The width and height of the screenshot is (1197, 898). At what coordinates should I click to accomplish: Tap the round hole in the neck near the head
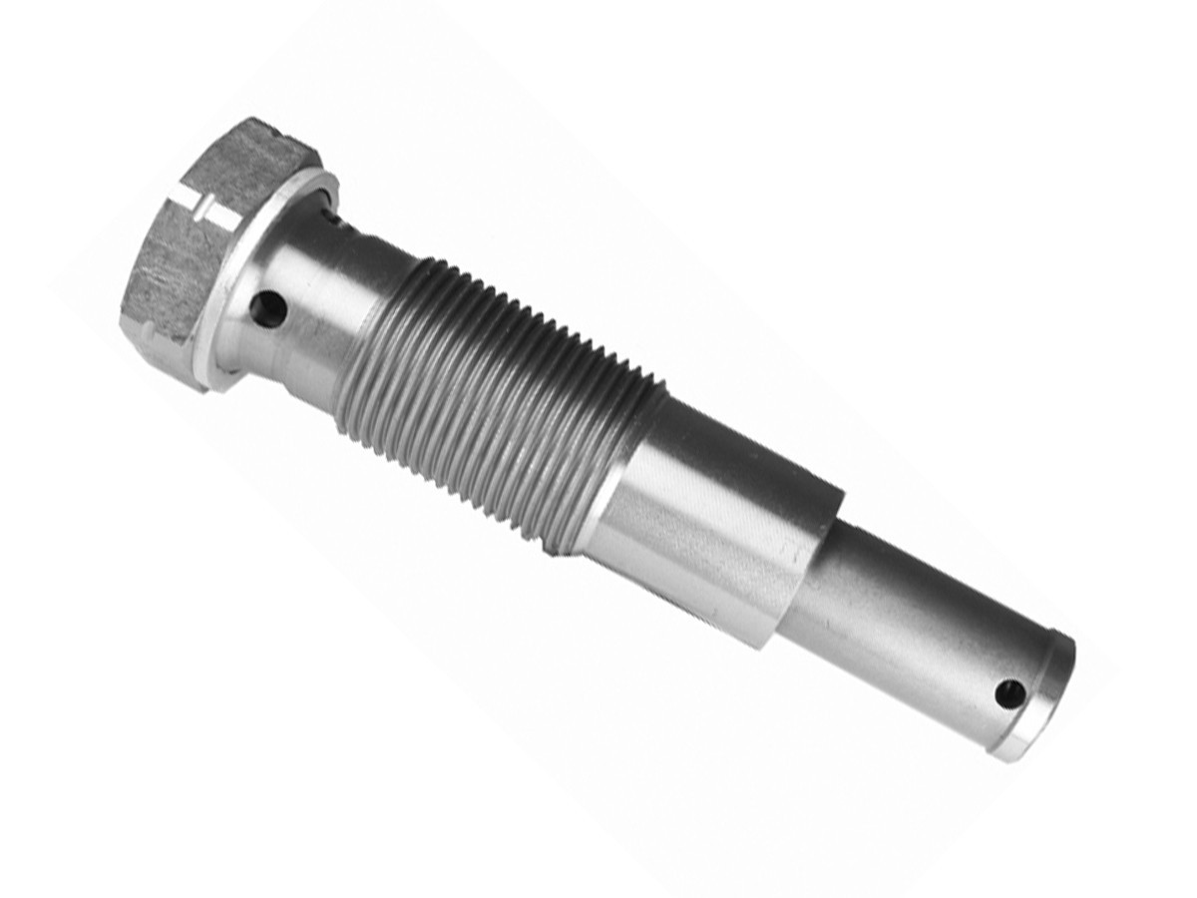pyautogui.click(x=267, y=309)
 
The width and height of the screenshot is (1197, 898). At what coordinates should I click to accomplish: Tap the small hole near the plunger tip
pyautogui.click(x=1009, y=691)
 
